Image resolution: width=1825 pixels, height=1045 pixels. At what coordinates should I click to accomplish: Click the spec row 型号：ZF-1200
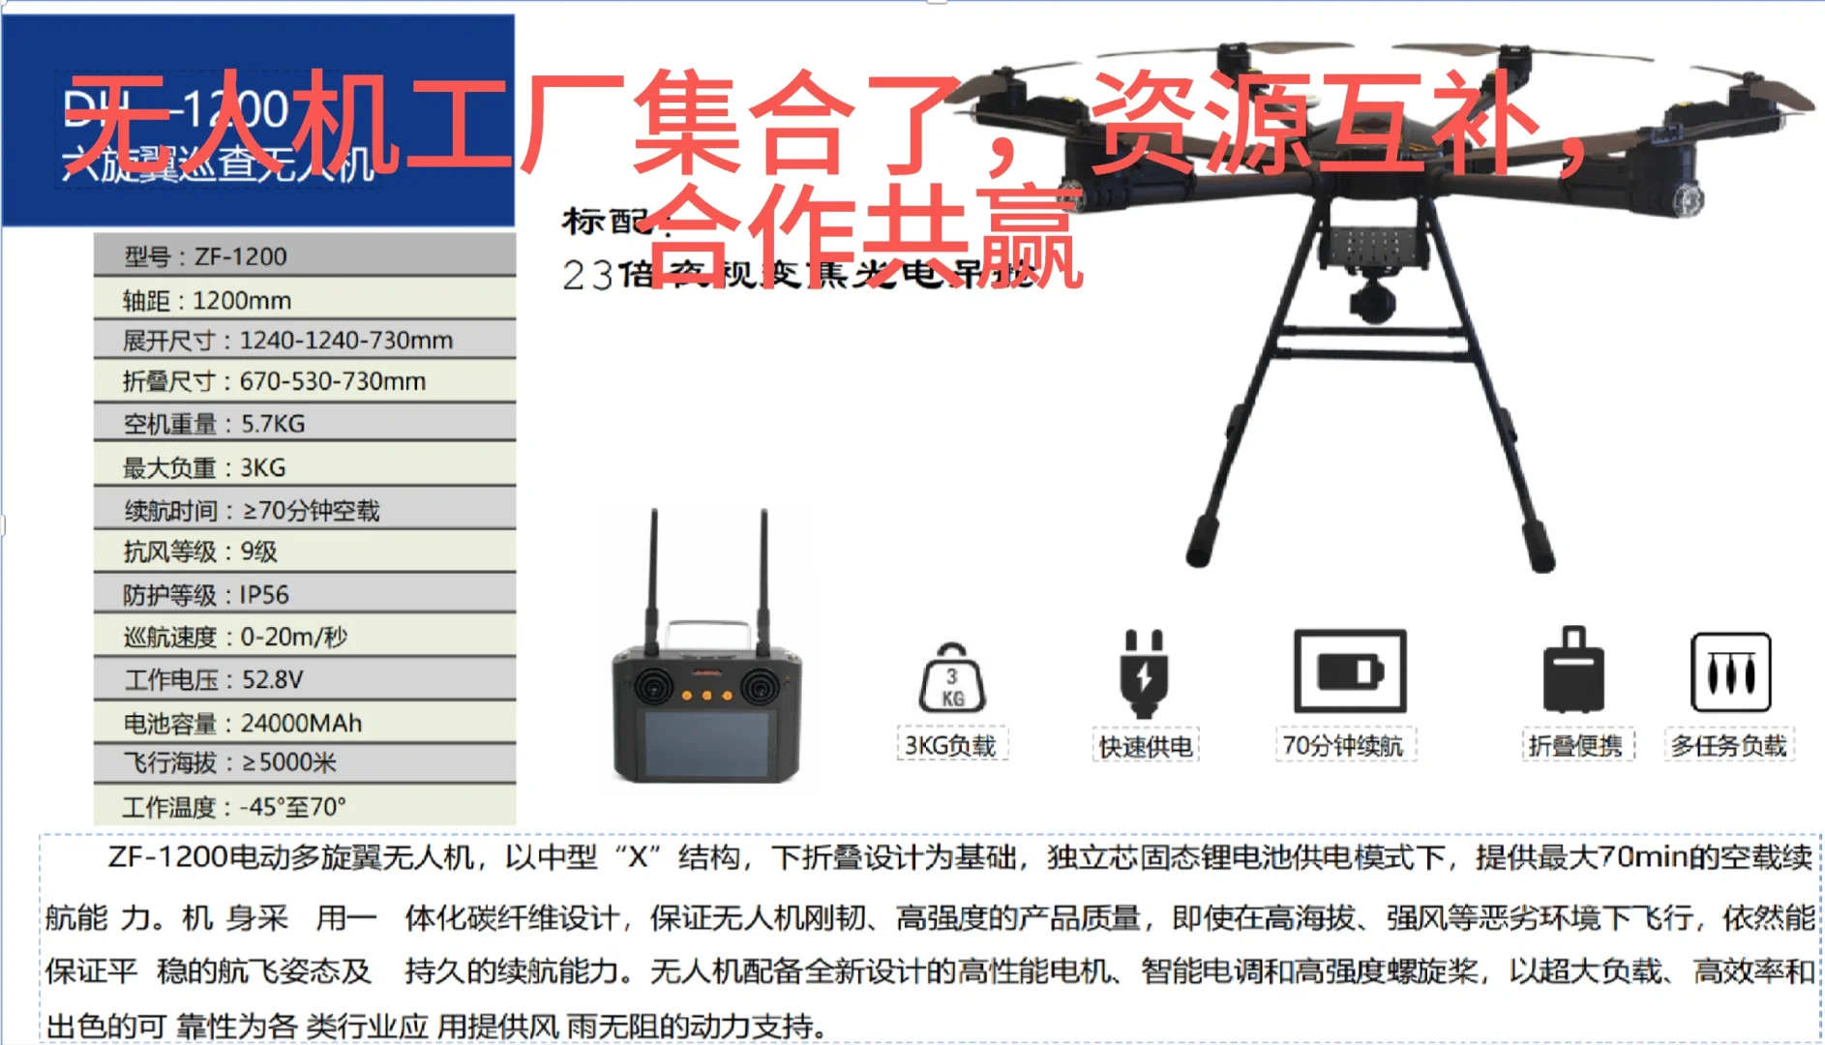[x=304, y=256]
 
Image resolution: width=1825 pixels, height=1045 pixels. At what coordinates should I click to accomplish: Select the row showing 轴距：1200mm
[x=304, y=300]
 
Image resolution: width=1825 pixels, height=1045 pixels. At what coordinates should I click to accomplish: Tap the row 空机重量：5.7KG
[x=304, y=424]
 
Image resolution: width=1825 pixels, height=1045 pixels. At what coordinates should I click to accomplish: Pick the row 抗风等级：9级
[x=304, y=552]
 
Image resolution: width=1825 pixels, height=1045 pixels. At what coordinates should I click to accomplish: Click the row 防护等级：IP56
[x=304, y=594]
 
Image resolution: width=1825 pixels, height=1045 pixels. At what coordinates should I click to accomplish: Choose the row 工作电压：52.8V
[x=304, y=679]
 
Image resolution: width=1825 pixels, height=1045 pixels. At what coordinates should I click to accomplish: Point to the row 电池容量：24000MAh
[x=304, y=723]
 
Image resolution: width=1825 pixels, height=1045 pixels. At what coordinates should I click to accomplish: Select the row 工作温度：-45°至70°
[x=304, y=806]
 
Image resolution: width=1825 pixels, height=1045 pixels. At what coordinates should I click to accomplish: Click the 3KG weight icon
[x=951, y=679]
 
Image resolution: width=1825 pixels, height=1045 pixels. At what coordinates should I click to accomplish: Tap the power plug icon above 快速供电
[x=1144, y=672]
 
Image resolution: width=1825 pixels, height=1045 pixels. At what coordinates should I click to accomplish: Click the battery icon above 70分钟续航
[x=1350, y=671]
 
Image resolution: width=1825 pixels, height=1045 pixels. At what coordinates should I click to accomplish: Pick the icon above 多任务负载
[x=1730, y=672]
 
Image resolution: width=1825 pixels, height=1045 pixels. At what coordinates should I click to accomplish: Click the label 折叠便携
[x=1575, y=746]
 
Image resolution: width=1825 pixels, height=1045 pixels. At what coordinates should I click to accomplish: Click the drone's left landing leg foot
[x=1201, y=543]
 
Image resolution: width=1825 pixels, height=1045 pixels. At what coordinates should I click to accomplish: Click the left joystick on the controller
[x=654, y=686]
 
